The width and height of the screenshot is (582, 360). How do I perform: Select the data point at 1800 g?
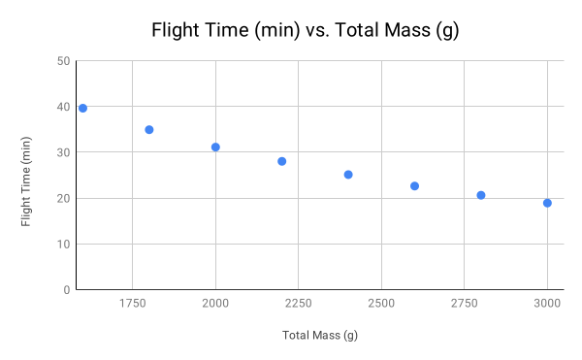(x=149, y=129)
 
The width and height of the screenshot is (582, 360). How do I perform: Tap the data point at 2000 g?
(x=215, y=147)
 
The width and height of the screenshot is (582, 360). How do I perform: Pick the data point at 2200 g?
(x=282, y=161)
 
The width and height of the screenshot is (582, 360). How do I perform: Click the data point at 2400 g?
(x=348, y=175)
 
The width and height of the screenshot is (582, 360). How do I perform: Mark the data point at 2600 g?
(x=414, y=186)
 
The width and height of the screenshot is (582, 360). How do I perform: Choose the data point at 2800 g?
(x=481, y=195)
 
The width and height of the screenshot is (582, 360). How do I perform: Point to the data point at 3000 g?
(x=547, y=203)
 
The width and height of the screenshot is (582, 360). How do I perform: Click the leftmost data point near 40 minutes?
(x=83, y=108)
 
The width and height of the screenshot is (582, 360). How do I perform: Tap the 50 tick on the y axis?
(x=62, y=61)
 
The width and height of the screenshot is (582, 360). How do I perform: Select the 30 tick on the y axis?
(x=62, y=152)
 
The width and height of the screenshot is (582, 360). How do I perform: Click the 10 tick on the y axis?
(x=62, y=244)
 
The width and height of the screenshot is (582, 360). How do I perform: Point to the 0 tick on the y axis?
(x=65, y=289)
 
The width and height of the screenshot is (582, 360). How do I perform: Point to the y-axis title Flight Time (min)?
(x=27, y=175)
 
